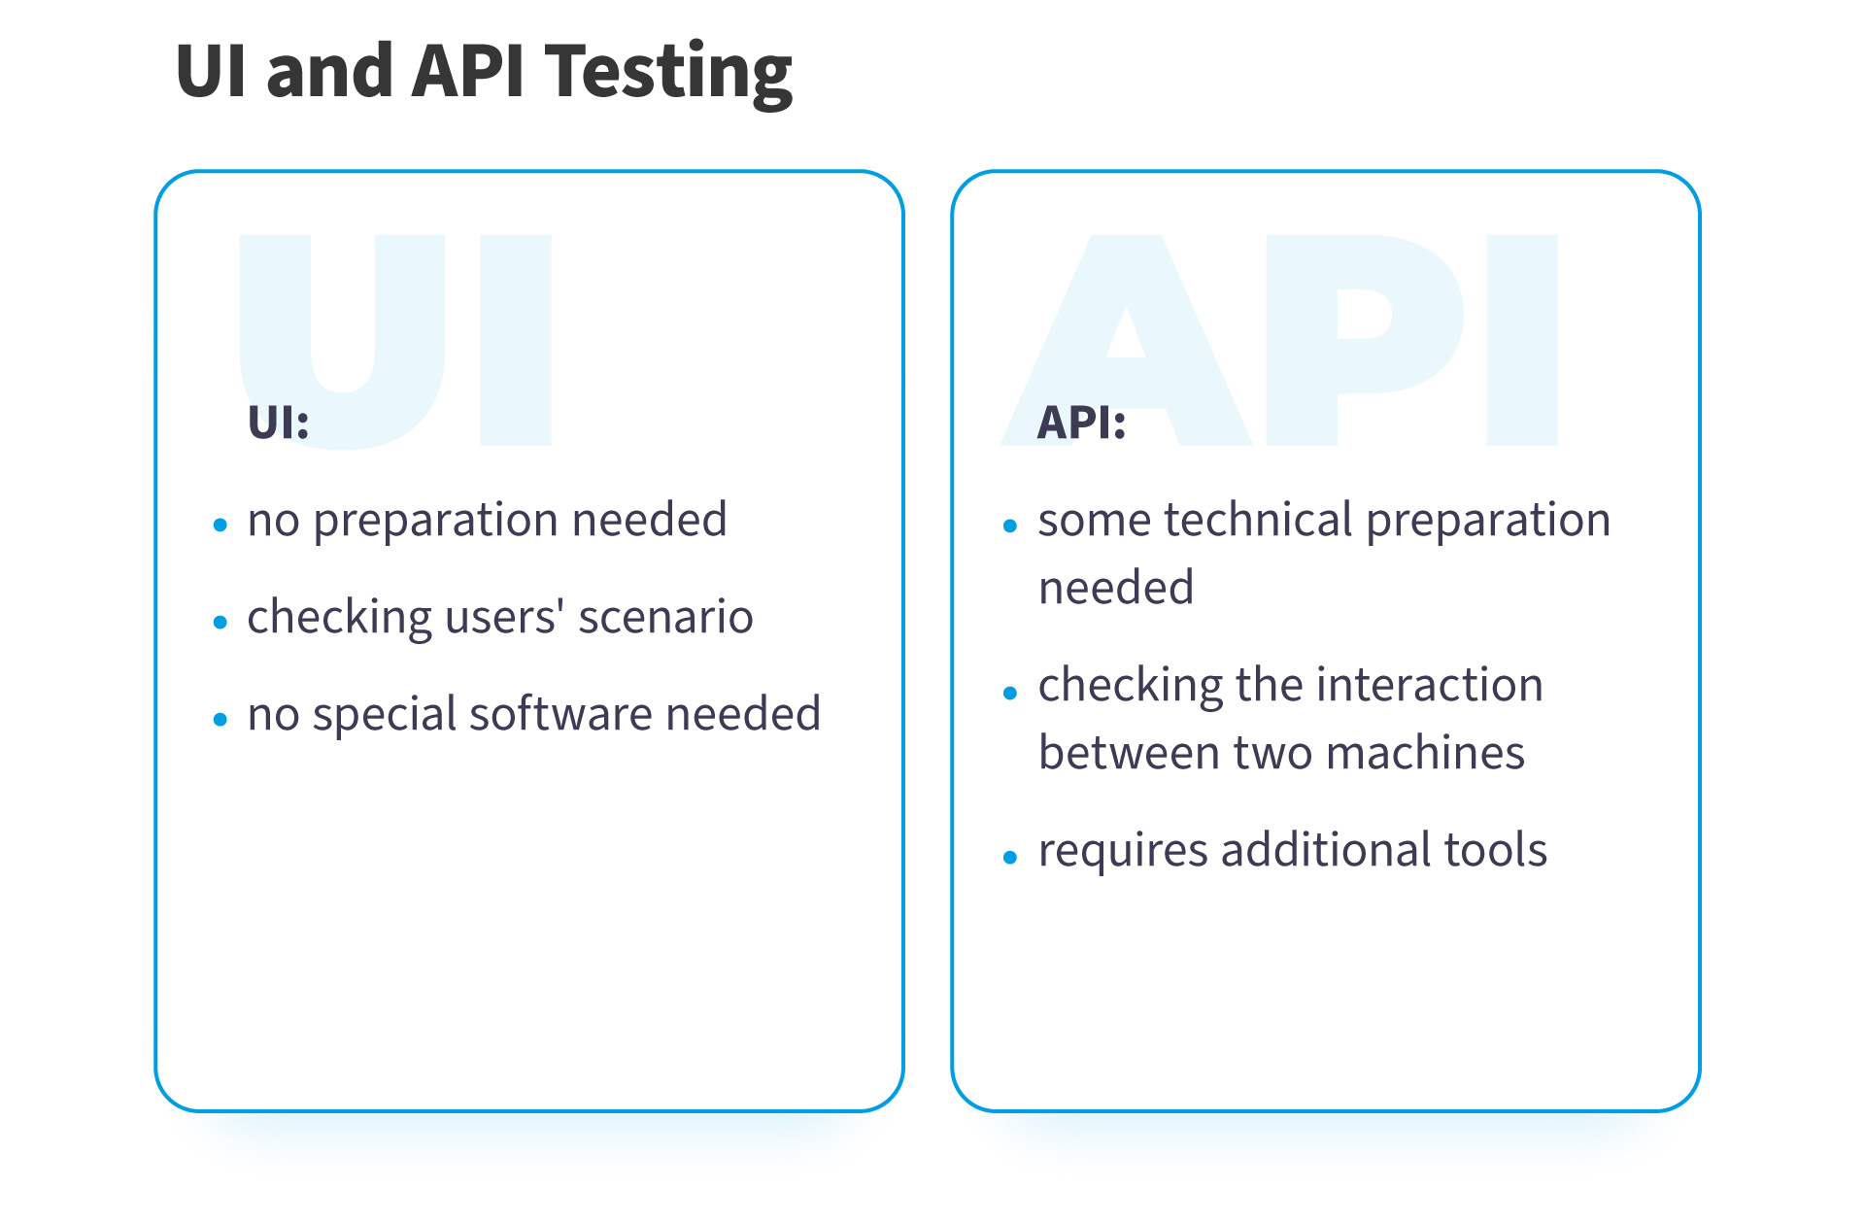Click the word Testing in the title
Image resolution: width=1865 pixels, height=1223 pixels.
[x=668, y=74]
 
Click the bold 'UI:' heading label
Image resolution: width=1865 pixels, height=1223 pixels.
[x=279, y=423]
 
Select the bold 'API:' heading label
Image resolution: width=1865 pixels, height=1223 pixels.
[x=1081, y=423]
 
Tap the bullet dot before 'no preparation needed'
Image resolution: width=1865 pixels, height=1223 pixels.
[x=220, y=526]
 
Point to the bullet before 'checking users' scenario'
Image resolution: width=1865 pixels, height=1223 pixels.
[x=220, y=623]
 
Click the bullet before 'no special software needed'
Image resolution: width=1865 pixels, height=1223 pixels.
[x=220, y=720]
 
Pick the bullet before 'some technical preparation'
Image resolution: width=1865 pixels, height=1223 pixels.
[x=1010, y=526]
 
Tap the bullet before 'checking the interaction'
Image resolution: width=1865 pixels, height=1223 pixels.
[x=1010, y=693]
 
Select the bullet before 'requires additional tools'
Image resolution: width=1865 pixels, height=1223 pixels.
[x=1010, y=858]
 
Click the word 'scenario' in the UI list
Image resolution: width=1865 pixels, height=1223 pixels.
[x=665, y=618]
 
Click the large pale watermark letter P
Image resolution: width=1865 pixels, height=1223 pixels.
[x=1366, y=340]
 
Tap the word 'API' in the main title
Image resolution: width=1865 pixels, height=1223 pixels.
[x=468, y=72]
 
